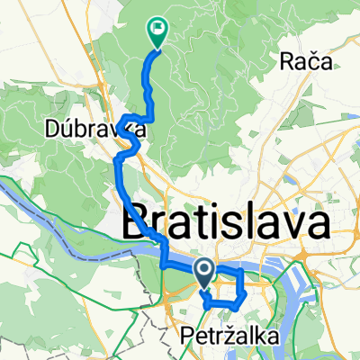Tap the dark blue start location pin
pyautogui.click(x=203, y=271)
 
